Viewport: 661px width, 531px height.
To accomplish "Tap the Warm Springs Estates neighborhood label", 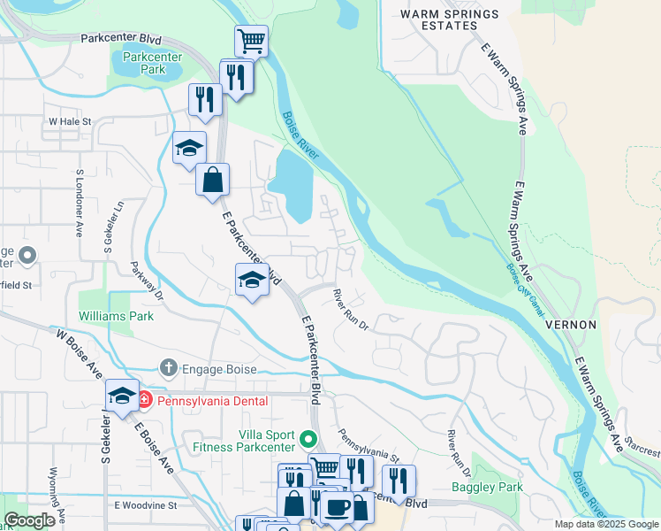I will [449, 20].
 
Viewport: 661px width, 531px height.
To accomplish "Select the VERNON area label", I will [571, 325].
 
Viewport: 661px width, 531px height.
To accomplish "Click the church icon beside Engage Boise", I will [169, 367].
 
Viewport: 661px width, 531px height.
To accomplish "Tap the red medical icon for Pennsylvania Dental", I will [145, 401].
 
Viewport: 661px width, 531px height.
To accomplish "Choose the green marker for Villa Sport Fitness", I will [308, 438].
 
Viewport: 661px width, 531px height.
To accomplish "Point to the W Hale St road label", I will [71, 120].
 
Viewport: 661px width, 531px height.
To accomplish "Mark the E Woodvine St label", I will [146, 505].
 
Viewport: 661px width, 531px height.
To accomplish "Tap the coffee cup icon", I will [336, 506].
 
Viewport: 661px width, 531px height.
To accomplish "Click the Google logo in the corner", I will [29, 520].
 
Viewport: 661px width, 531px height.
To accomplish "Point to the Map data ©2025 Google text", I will [606, 524].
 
